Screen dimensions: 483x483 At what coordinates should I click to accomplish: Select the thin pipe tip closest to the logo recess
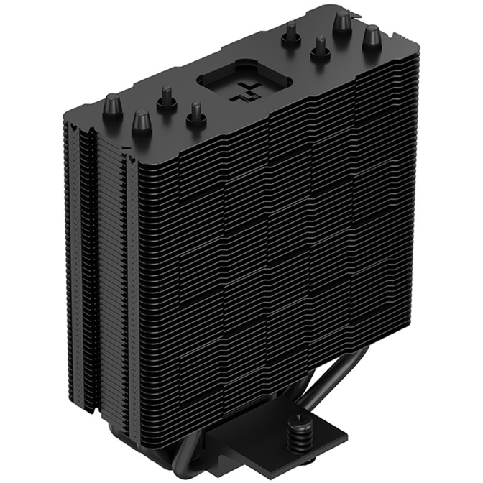[x=193, y=114]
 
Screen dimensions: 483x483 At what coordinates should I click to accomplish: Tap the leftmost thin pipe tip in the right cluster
[x=290, y=33]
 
